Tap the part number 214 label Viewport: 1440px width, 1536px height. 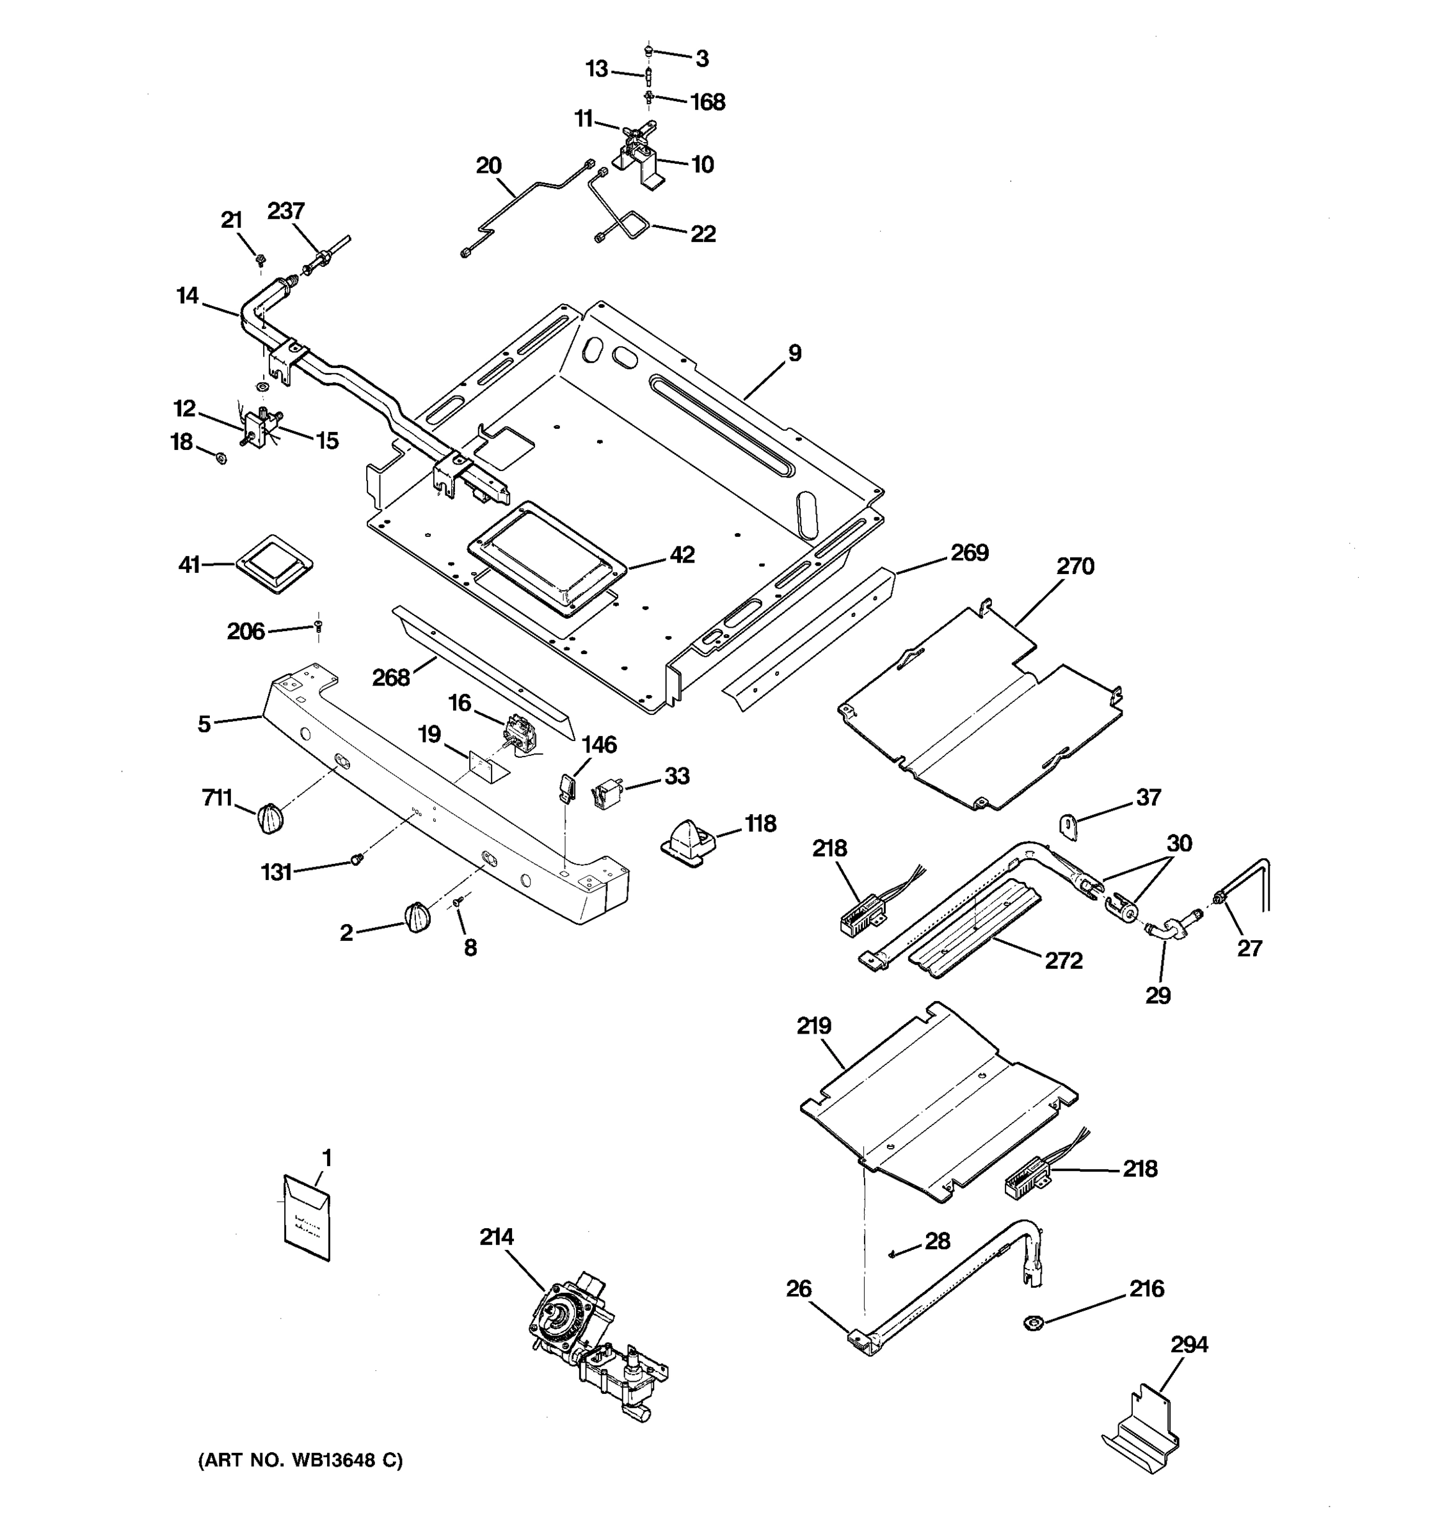496,1237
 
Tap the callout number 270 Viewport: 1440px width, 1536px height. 1075,566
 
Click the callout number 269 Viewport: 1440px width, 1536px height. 969,552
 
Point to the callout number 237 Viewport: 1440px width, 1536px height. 286,211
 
